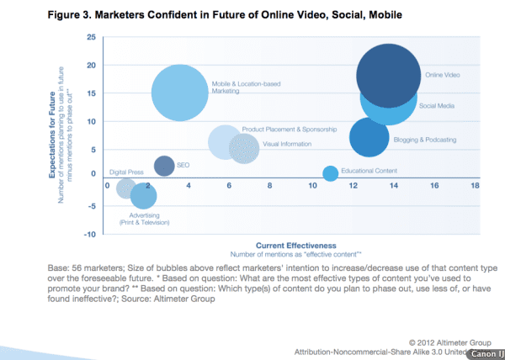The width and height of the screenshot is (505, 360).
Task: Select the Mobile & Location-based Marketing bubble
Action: click(179, 93)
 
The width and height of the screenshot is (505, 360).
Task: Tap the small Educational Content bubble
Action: click(330, 173)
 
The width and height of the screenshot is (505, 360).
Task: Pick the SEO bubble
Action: click(165, 167)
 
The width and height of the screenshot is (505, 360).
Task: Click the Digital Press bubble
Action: click(126, 188)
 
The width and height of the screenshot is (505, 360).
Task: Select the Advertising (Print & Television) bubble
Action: click(144, 197)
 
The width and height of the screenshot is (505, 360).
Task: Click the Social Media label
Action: click(438, 106)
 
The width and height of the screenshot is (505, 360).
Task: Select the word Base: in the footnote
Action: click(59, 267)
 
